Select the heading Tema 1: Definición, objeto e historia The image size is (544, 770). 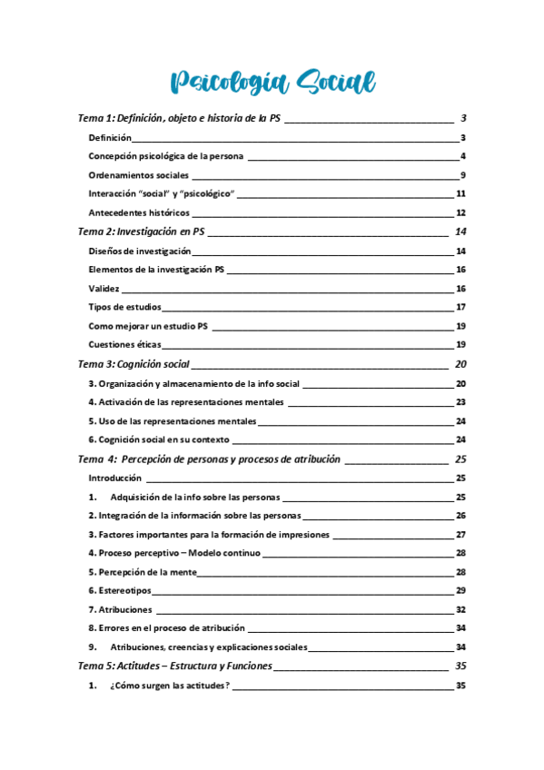179,118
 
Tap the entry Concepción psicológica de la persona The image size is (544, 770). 165,156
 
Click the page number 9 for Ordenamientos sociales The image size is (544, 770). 462,175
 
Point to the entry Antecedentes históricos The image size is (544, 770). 139,212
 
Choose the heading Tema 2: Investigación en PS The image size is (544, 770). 141,232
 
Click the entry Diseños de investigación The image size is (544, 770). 140,251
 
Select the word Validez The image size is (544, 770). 104,288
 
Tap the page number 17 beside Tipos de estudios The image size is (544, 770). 460,307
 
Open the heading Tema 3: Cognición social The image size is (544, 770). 134,364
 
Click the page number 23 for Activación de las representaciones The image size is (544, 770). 460,401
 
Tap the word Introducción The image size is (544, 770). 115,477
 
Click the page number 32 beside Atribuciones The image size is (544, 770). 460,609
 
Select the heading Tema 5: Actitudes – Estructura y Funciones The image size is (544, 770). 174,666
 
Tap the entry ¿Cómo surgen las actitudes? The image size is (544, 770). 170,686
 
